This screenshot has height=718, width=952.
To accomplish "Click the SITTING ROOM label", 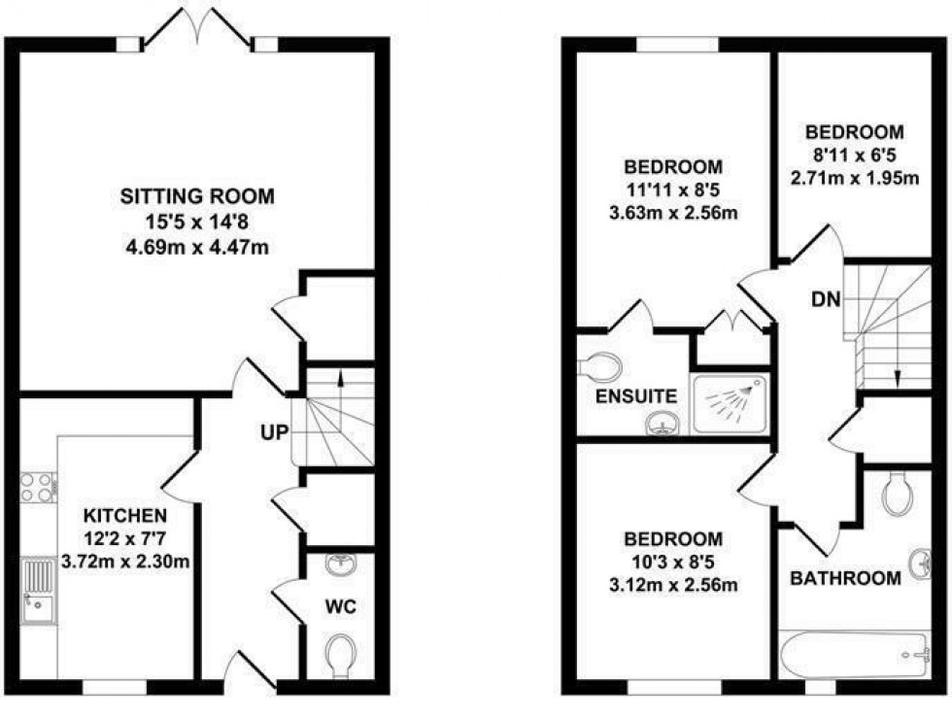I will click(196, 196).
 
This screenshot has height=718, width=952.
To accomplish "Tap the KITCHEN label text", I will click(123, 514).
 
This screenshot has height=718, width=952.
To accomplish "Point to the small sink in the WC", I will click(341, 564).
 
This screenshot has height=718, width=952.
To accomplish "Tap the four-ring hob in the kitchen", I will click(39, 487).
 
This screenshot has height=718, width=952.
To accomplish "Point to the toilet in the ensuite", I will click(600, 364).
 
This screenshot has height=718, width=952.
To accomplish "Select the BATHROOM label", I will click(844, 579).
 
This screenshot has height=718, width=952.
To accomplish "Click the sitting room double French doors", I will click(199, 26).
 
